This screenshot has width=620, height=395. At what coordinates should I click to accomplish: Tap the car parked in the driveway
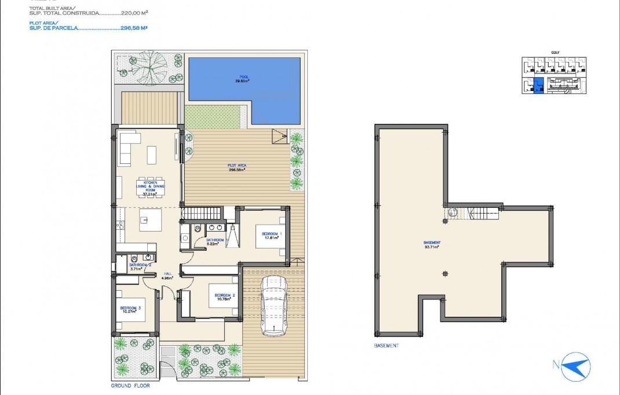(274, 305)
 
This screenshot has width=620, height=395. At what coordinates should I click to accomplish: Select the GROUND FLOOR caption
(130, 385)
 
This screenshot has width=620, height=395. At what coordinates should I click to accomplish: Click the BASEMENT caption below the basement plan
(386, 346)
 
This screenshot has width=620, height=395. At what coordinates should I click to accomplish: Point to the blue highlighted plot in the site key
(539, 85)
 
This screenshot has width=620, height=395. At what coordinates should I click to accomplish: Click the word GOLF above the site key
(555, 52)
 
